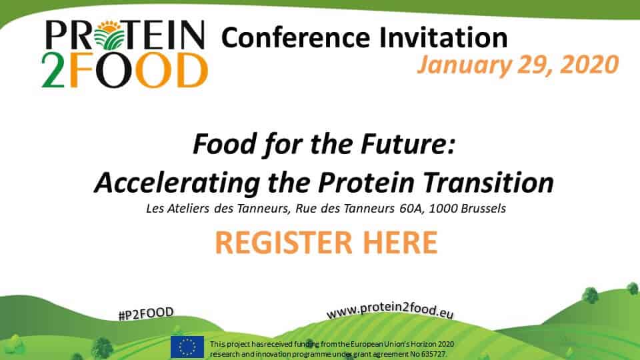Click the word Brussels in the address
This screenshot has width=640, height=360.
479,208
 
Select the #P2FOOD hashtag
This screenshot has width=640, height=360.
145,313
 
